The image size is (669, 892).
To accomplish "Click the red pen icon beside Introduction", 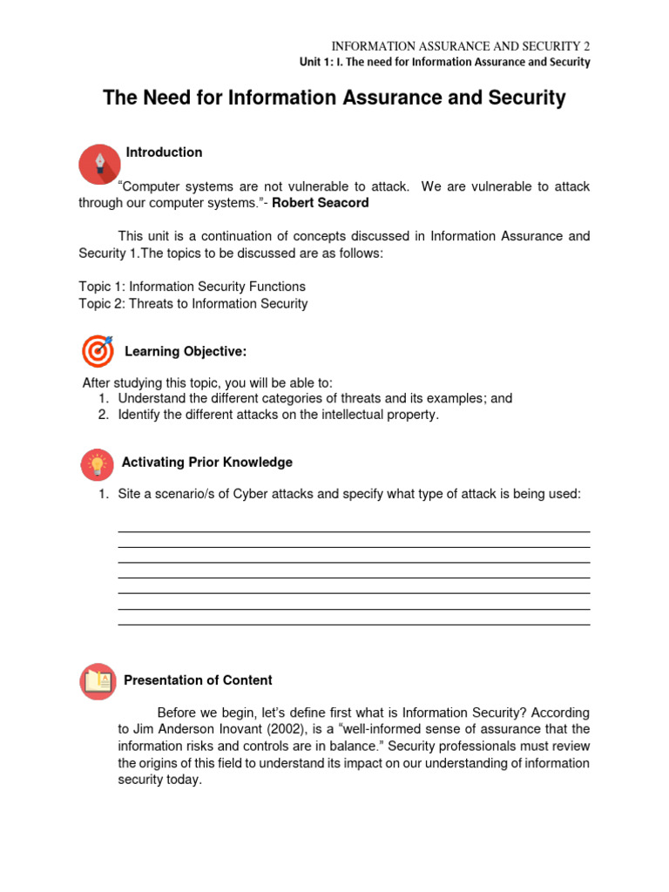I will click(99, 164).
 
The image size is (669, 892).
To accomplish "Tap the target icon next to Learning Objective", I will click(98, 350).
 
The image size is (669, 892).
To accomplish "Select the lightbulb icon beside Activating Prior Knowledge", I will click(98, 463).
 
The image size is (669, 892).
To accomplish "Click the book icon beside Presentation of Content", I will click(98, 681).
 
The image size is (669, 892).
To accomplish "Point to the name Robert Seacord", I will click(321, 203).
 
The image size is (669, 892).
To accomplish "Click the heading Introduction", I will click(164, 152).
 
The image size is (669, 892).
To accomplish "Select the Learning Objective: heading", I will click(186, 352).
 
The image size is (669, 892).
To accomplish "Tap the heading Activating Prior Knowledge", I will click(206, 463).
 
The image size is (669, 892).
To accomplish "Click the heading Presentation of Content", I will click(198, 680).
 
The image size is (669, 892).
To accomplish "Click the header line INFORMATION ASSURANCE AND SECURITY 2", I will click(461, 46).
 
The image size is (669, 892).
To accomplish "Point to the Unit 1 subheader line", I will click(443, 63).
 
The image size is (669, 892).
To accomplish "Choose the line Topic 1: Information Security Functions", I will click(192, 287).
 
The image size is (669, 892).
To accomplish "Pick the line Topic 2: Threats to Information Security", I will click(193, 304).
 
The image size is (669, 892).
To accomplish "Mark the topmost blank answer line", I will click(354, 531).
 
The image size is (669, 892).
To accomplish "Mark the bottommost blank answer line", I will click(354, 625).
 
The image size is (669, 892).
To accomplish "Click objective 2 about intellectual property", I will click(279, 415).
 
